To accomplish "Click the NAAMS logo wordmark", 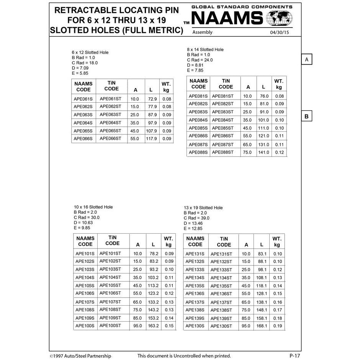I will point(227,18).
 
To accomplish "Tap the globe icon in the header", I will point(279,18).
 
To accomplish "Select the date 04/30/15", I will point(279,33).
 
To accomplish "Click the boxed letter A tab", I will point(307,59).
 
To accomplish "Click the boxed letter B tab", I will point(307,116).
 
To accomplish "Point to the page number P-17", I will point(295,356).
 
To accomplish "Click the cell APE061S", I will point(83,99).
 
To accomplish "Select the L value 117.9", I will point(151,139).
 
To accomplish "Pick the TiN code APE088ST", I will point(223,152).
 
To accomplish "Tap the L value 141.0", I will point(263,152).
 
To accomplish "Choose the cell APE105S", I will point(85,286).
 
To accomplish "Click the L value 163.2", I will point(153,326).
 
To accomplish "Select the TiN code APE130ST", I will point(221,326).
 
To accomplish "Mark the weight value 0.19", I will point(278,326).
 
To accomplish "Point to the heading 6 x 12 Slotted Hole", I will point(90,52).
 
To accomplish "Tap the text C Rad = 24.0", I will point(200,60).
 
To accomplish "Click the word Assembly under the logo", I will point(202,33).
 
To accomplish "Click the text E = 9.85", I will point(82,228).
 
